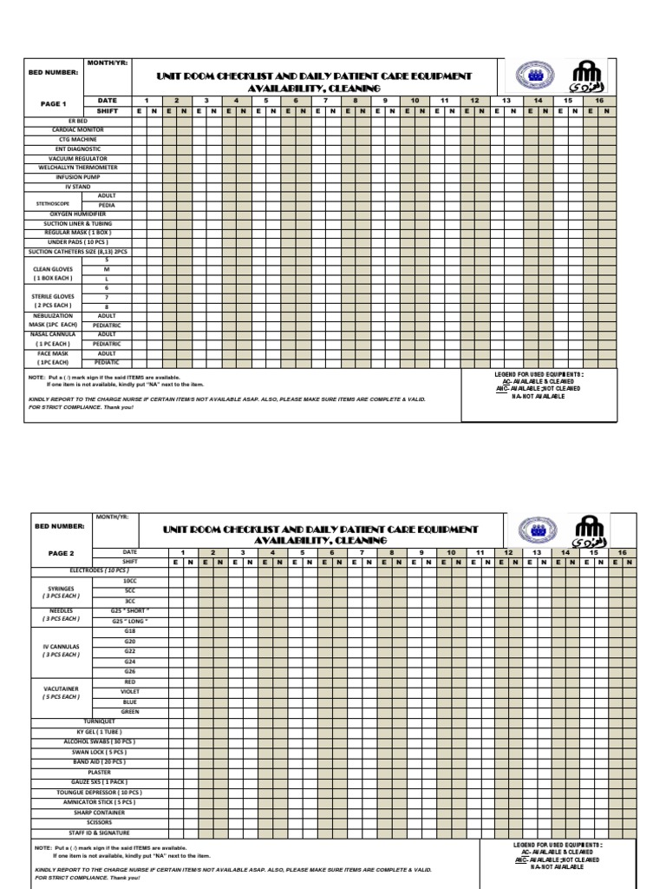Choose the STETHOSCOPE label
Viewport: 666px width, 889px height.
(52, 204)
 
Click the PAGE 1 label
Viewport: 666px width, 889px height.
(54, 103)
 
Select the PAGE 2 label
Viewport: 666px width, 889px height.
(60, 553)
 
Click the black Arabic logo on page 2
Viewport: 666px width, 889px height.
(591, 529)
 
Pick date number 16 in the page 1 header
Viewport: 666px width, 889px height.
(599, 101)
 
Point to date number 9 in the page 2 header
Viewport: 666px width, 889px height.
(421, 552)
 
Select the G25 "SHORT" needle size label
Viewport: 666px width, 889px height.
(130, 610)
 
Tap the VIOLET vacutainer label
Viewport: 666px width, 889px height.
(130, 692)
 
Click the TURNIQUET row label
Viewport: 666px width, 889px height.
(99, 721)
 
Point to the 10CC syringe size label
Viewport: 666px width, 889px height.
(130, 580)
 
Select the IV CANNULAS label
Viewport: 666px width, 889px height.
(61, 647)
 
